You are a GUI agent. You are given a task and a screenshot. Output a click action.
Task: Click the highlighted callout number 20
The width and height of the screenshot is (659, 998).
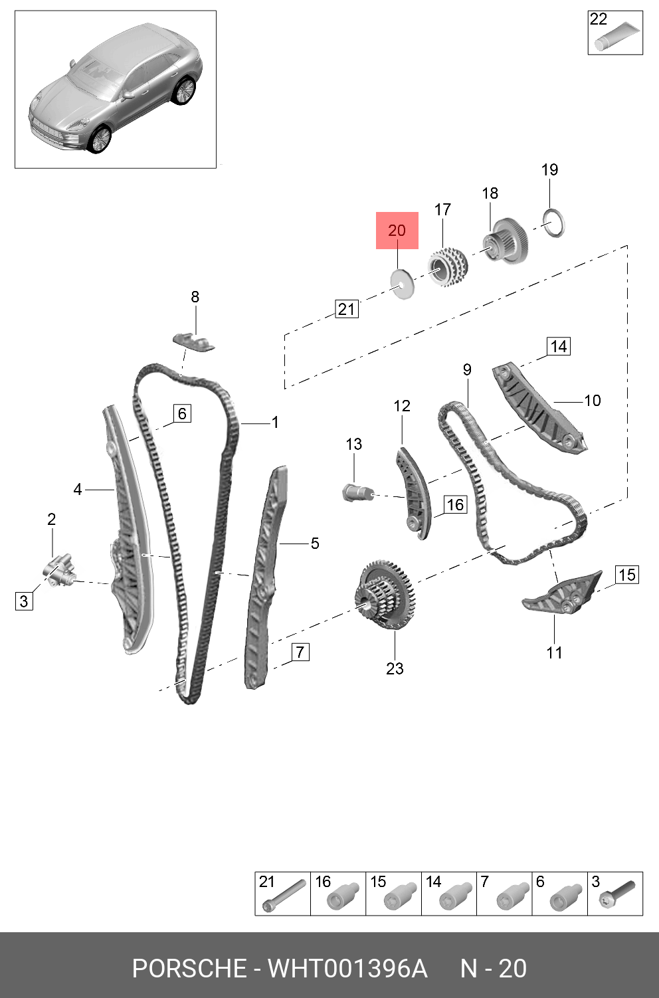pos(397,231)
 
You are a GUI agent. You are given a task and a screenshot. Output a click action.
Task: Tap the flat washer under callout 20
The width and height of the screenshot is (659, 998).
pos(403,284)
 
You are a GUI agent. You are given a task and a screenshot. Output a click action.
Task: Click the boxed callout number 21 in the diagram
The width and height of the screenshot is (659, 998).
pos(346,309)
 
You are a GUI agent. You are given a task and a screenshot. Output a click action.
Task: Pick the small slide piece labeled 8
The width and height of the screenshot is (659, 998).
pos(194,342)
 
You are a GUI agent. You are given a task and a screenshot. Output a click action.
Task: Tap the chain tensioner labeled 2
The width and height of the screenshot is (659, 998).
pos(58,569)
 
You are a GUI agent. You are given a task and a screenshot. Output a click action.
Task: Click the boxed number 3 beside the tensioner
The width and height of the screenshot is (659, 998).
pos(24,601)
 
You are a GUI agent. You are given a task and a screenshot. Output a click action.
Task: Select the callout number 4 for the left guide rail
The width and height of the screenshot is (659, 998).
pos(78,490)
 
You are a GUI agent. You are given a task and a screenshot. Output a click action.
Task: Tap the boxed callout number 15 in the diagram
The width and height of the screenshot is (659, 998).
pos(627,575)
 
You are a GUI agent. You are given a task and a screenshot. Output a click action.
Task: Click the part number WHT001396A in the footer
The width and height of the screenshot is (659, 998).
pos(347,969)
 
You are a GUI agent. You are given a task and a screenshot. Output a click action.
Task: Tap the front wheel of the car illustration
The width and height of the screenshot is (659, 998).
pos(100,140)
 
